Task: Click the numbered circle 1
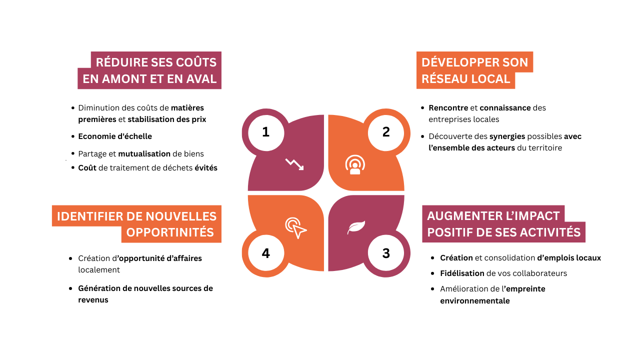click(x=266, y=133)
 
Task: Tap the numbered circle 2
click(x=386, y=133)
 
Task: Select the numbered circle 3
click(x=386, y=253)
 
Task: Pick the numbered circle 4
click(x=266, y=253)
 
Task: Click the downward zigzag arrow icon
click(x=294, y=164)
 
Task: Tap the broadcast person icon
click(x=355, y=164)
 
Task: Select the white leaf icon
click(x=356, y=227)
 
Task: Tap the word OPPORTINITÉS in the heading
click(x=170, y=232)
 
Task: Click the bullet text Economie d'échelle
click(x=115, y=136)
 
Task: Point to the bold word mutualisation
click(x=144, y=153)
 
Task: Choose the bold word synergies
click(x=507, y=136)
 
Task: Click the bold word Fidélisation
click(x=462, y=273)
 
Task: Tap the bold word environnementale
click(x=475, y=300)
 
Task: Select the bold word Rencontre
click(x=448, y=107)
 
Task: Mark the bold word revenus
click(x=93, y=300)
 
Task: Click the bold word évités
click(x=205, y=167)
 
